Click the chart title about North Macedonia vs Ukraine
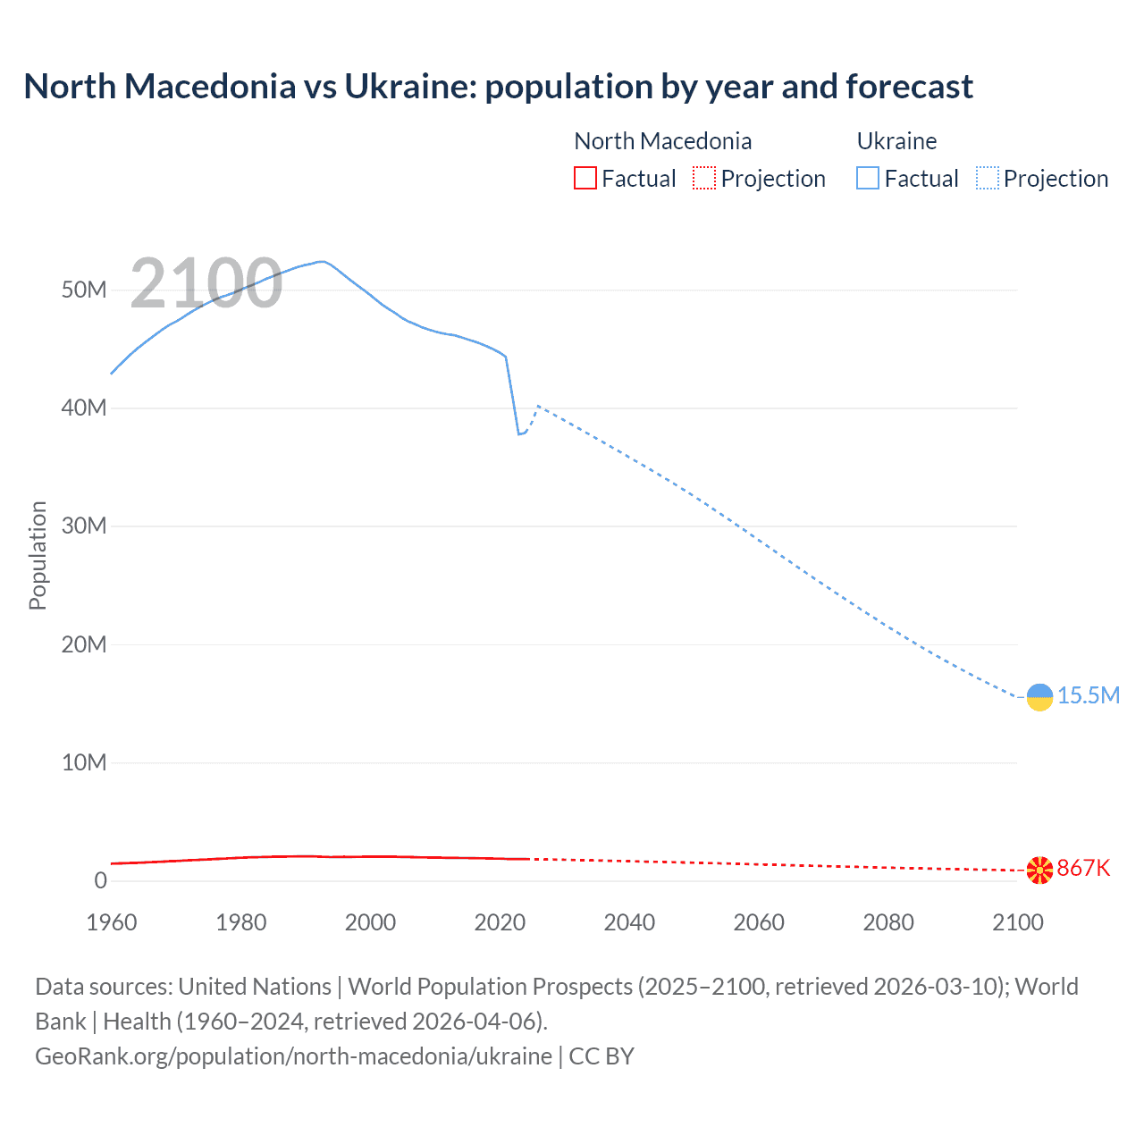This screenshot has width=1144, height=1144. [498, 87]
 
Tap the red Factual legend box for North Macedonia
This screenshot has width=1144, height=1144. [585, 179]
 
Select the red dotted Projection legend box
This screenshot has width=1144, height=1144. [704, 179]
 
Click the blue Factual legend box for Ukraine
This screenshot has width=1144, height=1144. [868, 179]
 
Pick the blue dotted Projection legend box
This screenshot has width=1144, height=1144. [988, 179]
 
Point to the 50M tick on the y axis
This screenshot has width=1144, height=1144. [84, 290]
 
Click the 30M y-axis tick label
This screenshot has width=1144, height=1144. [84, 526]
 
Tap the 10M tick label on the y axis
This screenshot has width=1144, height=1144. [84, 762]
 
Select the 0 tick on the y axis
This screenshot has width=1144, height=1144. [100, 880]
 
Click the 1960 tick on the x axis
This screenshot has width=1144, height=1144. [112, 922]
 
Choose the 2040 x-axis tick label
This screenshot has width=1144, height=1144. [629, 922]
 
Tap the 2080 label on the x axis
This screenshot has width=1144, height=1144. [888, 922]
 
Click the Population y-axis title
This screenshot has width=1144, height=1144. [38, 555]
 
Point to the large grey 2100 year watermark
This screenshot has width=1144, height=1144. [206, 283]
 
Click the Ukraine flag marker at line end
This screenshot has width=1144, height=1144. [1039, 697]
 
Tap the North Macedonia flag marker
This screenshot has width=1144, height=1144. [1039, 870]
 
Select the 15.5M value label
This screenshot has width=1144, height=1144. [1089, 695]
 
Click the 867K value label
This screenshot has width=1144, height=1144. [1083, 868]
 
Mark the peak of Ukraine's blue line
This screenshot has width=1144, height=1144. [322, 262]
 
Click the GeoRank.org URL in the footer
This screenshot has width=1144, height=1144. [293, 1056]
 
